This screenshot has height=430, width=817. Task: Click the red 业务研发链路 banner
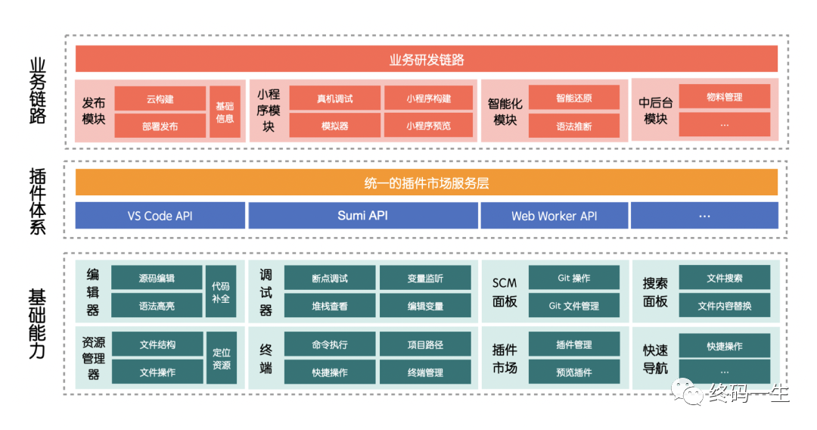[x=426, y=59]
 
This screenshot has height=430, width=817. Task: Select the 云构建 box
[x=160, y=98]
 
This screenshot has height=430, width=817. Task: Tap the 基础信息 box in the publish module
[x=225, y=112]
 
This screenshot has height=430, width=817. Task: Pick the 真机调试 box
[x=334, y=98]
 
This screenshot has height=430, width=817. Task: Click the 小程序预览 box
[x=428, y=126]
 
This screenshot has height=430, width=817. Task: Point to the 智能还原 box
[x=573, y=98]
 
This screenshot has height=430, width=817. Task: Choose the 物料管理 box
[x=724, y=96]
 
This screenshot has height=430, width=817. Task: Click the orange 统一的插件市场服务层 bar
[x=426, y=182]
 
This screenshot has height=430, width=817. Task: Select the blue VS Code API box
[x=160, y=215]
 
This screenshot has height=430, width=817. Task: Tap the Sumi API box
[x=362, y=215]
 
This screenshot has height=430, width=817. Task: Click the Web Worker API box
[x=554, y=215]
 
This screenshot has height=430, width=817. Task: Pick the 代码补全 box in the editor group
[x=221, y=291]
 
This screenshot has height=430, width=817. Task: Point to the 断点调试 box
[x=329, y=278]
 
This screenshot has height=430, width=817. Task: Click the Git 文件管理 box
[x=573, y=305]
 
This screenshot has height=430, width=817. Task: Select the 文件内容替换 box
[x=724, y=305]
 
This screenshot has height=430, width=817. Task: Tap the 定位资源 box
[x=222, y=358]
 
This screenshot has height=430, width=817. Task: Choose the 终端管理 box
[x=425, y=372]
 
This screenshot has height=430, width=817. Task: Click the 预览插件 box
[x=573, y=372]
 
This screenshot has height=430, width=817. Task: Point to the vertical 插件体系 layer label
[x=38, y=201]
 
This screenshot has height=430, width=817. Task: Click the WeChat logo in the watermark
[x=687, y=392]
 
